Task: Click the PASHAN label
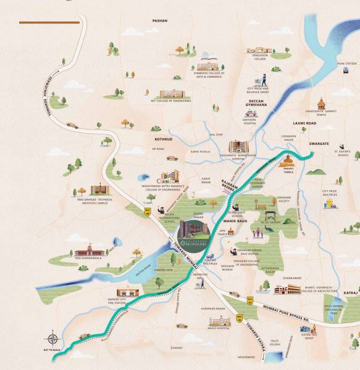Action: pyautogui.click(x=160, y=20)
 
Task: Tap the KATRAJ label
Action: pyautogui.click(x=351, y=292)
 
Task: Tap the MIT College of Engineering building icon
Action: pyautogui.click(x=176, y=94)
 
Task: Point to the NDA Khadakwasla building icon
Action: pyautogui.click(x=87, y=252)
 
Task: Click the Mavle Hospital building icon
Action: pyautogui.click(x=219, y=323)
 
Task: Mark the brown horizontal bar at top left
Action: pyautogui.click(x=49, y=23)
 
